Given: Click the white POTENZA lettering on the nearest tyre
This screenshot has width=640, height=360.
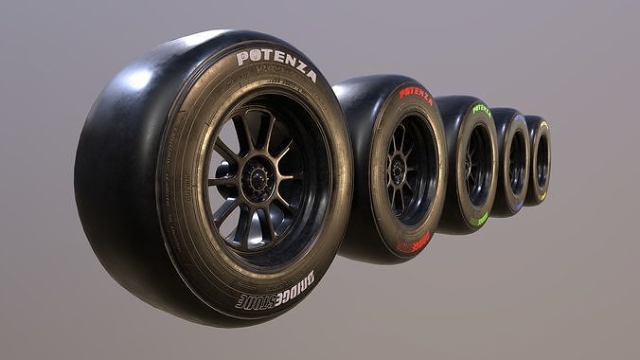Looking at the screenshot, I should click(x=276, y=63).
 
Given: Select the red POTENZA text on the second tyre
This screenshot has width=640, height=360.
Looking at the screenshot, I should click(x=416, y=95).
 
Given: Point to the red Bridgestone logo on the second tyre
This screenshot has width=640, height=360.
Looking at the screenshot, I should click(x=414, y=243).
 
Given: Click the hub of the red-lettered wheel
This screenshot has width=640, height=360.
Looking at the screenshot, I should click(x=399, y=170).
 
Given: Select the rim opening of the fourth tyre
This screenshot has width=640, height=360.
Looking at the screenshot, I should click(x=517, y=162).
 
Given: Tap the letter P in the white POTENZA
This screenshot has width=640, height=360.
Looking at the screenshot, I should click(x=241, y=59).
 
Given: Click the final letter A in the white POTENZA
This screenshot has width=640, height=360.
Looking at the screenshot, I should click(x=311, y=76).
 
